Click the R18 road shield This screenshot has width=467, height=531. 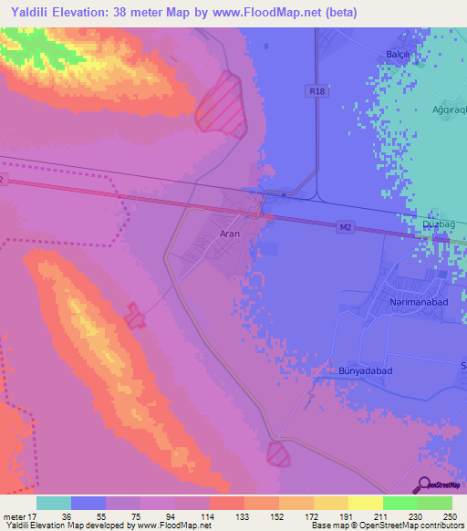(316, 90)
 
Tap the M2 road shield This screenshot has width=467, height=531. (344, 224)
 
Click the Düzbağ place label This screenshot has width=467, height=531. (439, 224)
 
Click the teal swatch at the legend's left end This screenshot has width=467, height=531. (54, 503)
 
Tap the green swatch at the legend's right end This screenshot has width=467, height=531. (434, 503)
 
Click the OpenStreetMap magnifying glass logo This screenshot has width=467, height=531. (424, 484)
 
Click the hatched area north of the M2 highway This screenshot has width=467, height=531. (221, 106)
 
